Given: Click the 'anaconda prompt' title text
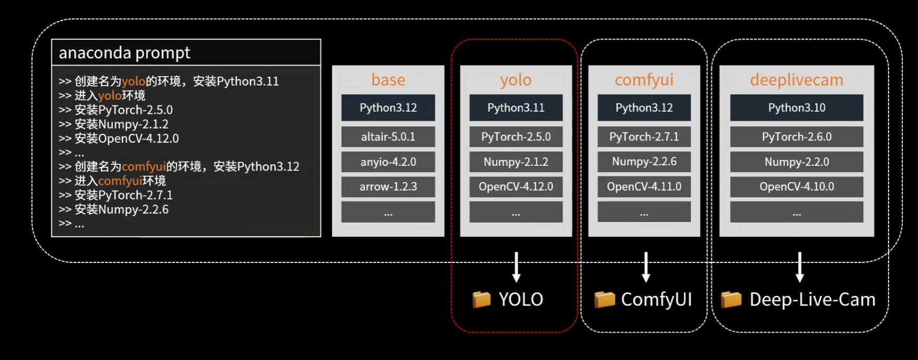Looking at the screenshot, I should point(124,52).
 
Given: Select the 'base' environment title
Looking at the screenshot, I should point(388,80).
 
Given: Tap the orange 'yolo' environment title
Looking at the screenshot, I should point(515,80).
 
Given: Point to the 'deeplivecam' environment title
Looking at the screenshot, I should point(796,80).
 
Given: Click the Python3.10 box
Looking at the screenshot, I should point(796,108).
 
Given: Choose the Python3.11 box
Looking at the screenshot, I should point(515,108).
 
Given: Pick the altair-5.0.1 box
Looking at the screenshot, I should point(388,137).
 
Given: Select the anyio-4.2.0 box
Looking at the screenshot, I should point(388,162).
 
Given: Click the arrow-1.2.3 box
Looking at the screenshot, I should point(388,187).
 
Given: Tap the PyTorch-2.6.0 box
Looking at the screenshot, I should point(796,137).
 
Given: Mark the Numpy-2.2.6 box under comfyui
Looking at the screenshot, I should point(644,162).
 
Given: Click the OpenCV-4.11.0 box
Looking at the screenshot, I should point(644,187).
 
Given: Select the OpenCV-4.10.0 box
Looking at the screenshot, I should point(796,187).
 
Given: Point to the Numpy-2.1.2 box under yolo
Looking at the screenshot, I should point(515,162).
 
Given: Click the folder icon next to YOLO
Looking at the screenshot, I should point(481,300).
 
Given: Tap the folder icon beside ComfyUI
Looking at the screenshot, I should point(604,300).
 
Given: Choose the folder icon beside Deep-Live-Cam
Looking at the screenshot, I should point(731,300).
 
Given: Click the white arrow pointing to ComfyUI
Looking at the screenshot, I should point(646,267).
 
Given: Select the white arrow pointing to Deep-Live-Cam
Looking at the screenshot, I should point(799,267).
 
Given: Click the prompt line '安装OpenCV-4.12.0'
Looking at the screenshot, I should point(126,139).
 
